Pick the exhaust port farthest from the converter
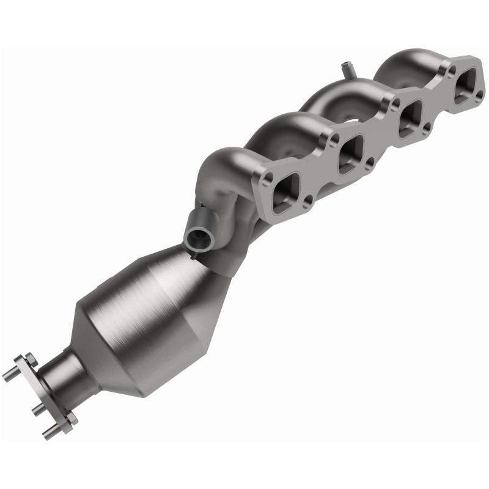[x=465, y=84]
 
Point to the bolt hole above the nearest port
[x=267, y=177]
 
